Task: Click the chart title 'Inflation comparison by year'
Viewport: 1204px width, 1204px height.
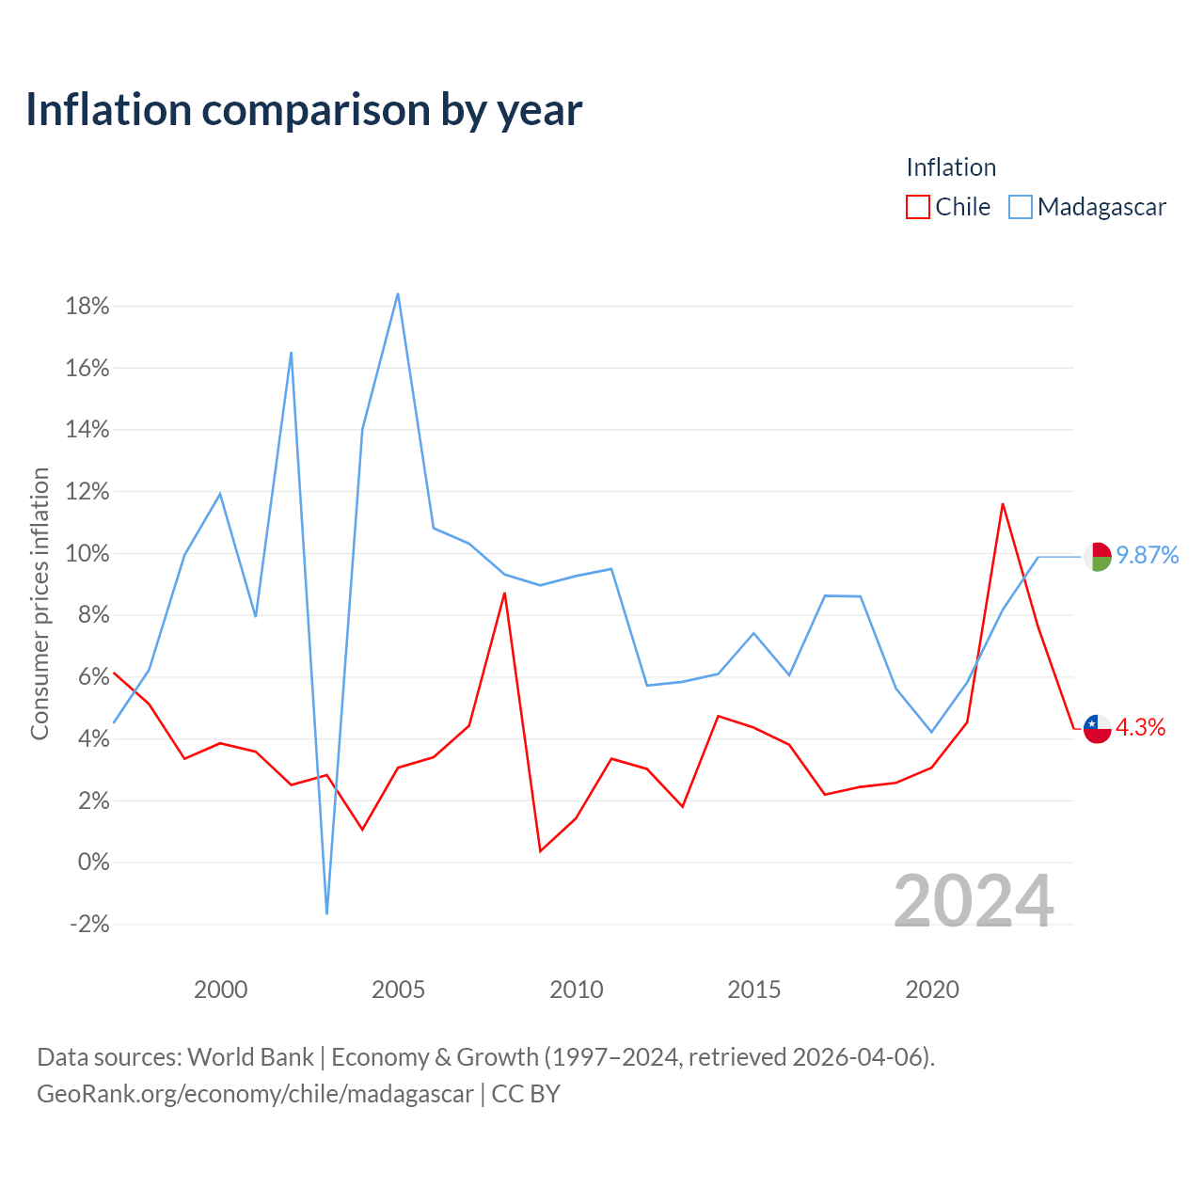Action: [x=304, y=110]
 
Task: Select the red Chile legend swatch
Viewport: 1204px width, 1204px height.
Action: [x=917, y=207]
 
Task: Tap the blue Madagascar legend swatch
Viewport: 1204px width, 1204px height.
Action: [x=1020, y=207]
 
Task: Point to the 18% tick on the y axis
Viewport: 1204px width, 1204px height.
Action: [x=87, y=306]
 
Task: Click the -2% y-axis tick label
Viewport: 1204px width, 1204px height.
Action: [x=89, y=924]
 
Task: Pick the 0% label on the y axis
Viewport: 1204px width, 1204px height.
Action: [x=94, y=863]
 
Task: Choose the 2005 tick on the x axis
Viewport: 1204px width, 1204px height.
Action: [x=398, y=990]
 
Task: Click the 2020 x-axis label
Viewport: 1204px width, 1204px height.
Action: [x=931, y=990]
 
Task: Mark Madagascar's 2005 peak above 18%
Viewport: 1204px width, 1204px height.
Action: [x=398, y=293]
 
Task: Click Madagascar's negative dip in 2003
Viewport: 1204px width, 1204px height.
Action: [x=326, y=914]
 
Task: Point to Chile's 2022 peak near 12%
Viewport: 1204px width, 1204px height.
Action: [x=1003, y=504]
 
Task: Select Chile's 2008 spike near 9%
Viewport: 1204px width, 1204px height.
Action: [x=504, y=593]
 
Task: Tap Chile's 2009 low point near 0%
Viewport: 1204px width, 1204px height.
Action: [x=540, y=851]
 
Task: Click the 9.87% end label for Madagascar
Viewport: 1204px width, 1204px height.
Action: [x=1148, y=555]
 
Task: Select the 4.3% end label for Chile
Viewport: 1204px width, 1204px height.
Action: [x=1140, y=727]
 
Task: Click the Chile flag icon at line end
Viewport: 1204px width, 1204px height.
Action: [x=1097, y=729]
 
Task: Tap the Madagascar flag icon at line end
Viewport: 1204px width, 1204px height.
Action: [x=1097, y=557]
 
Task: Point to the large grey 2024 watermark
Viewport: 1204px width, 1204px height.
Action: [x=974, y=901]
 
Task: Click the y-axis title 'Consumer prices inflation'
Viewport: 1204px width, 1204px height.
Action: [x=40, y=604]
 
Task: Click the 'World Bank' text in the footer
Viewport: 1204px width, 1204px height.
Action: [x=250, y=1057]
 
